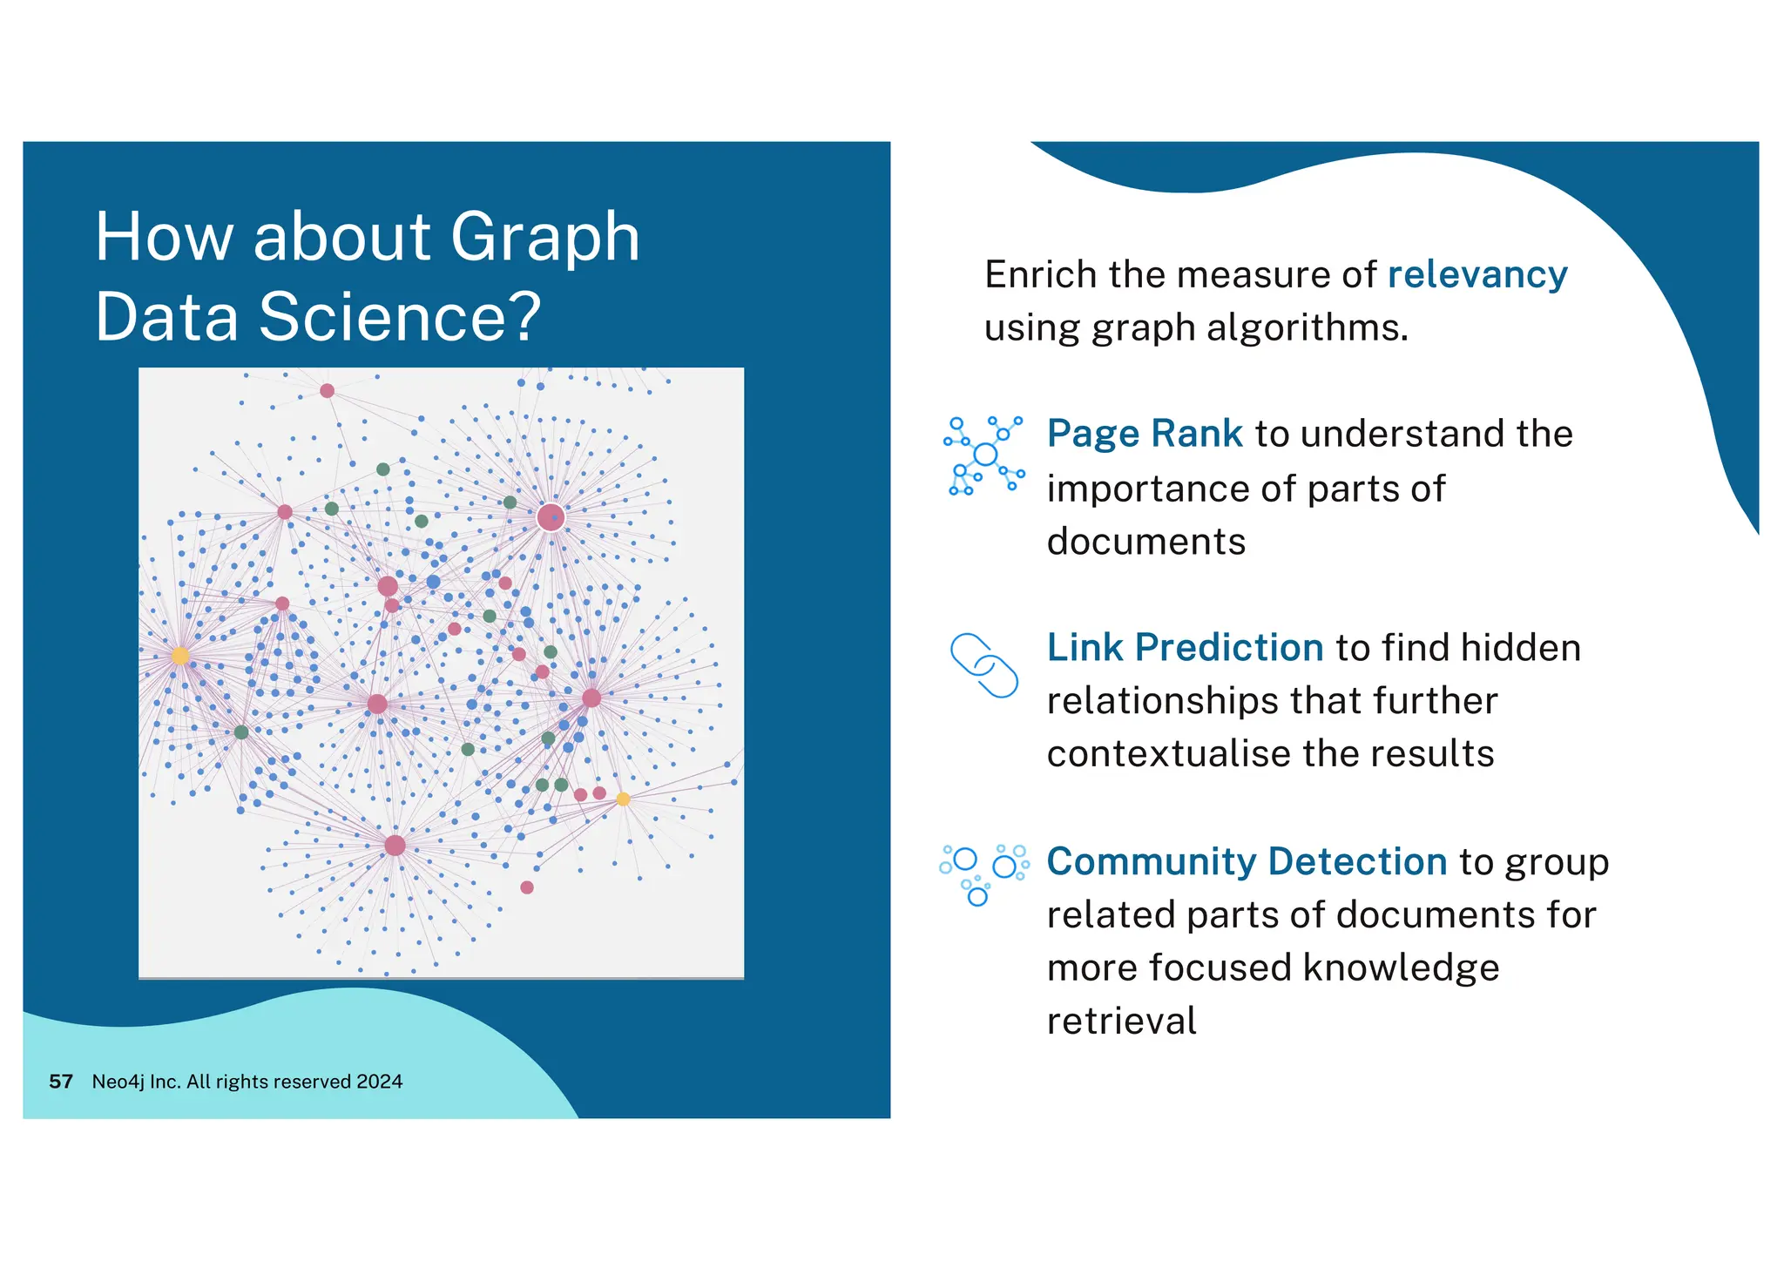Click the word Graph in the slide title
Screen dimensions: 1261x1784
tap(544, 238)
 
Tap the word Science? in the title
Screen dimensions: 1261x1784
tap(400, 317)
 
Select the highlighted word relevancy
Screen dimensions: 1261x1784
tap(1477, 275)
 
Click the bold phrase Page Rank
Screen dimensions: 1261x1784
tap(1144, 434)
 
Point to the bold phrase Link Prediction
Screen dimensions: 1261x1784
tap(1185, 648)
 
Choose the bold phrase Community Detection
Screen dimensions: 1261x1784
tap(1246, 862)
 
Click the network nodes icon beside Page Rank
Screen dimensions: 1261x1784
tap(983, 455)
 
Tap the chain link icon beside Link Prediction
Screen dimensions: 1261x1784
tap(983, 665)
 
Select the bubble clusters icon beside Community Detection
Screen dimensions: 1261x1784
tap(983, 873)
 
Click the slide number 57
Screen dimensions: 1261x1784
tap(61, 1082)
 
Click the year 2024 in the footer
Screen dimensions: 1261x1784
tap(380, 1082)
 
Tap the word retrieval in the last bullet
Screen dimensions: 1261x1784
tap(1121, 1022)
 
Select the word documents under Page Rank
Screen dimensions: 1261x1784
tap(1145, 542)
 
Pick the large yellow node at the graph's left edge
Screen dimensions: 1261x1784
tap(180, 656)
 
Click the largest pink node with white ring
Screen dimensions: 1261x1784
tap(551, 518)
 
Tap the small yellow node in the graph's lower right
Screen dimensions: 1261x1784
tap(623, 799)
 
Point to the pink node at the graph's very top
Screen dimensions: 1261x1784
tap(327, 390)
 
